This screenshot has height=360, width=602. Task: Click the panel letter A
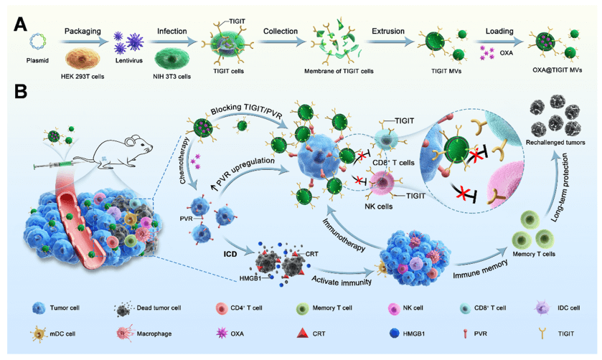tap(22, 24)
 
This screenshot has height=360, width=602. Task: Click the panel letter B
tap(22, 92)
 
